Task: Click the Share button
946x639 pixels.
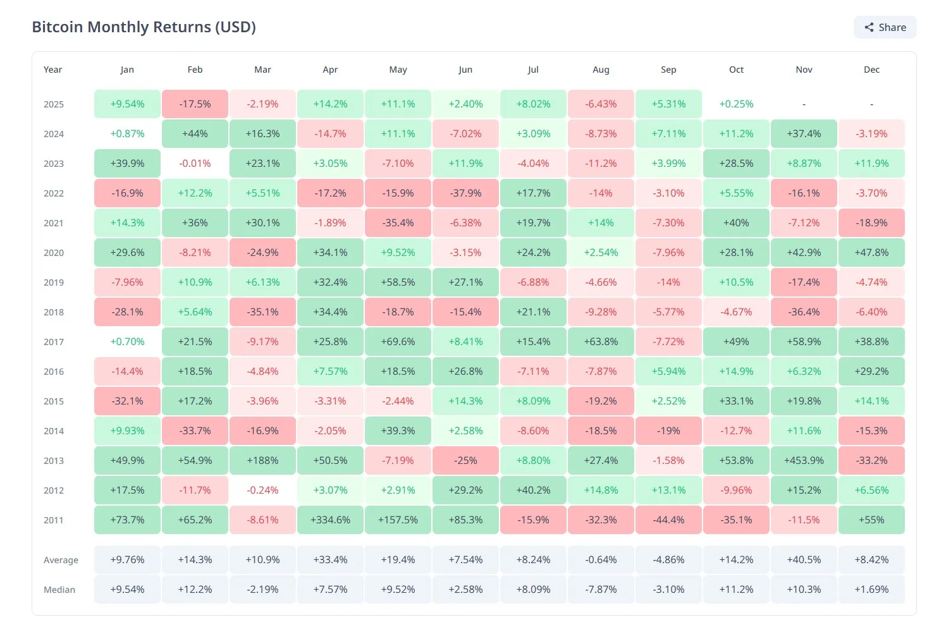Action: click(x=885, y=27)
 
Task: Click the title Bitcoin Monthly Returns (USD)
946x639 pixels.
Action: click(x=144, y=27)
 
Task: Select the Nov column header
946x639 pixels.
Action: click(x=804, y=70)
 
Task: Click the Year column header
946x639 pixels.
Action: click(x=52, y=70)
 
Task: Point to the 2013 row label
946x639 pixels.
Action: click(x=53, y=461)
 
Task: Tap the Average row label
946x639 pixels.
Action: click(x=61, y=560)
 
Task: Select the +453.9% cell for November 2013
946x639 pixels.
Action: click(x=804, y=461)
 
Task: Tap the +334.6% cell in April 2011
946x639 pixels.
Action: click(x=330, y=520)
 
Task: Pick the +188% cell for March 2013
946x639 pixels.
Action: click(x=262, y=461)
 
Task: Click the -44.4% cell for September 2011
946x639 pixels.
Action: click(x=668, y=520)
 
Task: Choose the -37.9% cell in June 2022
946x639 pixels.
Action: click(x=465, y=193)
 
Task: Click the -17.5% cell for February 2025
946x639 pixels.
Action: click(x=195, y=104)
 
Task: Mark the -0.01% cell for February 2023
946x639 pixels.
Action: click(x=195, y=164)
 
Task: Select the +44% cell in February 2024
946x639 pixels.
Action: click(x=195, y=134)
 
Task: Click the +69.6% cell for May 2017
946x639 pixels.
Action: click(x=398, y=342)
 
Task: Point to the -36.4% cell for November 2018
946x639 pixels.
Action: click(x=804, y=312)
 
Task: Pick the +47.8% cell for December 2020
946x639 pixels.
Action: click(x=871, y=253)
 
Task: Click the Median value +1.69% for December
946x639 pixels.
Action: click(x=871, y=590)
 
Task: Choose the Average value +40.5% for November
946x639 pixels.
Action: click(x=804, y=560)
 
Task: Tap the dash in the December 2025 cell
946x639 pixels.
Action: click(x=871, y=104)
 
